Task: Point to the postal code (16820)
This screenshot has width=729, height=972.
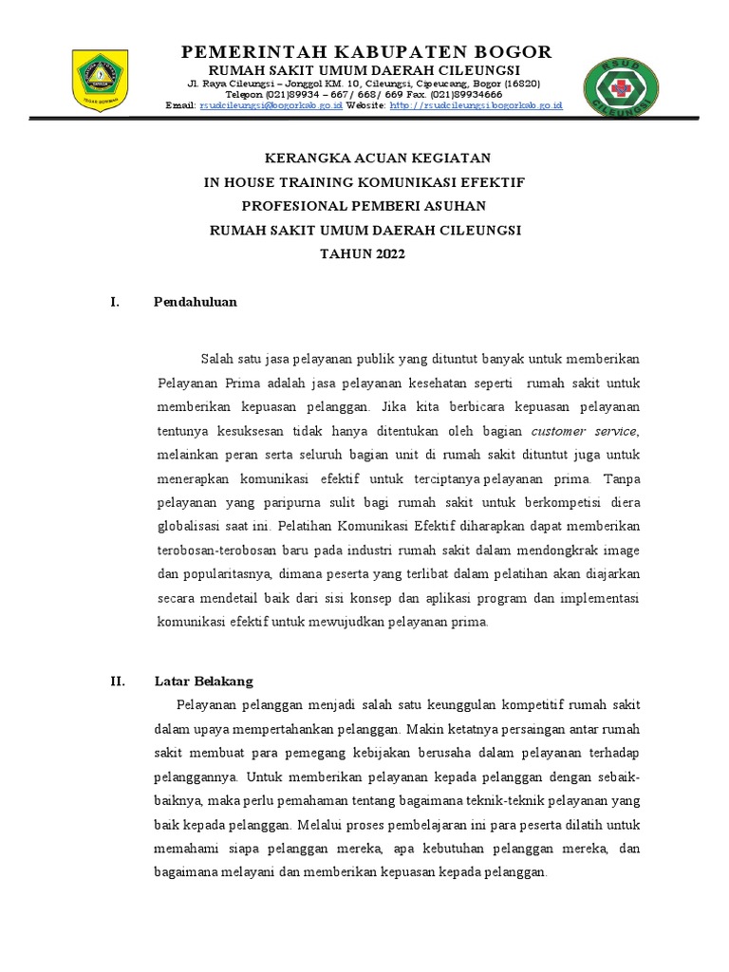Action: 522,84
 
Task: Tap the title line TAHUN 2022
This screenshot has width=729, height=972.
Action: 364,255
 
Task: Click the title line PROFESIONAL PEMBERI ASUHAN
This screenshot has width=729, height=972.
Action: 364,206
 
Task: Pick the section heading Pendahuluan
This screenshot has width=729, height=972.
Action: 195,302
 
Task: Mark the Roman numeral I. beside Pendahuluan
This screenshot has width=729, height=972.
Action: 115,302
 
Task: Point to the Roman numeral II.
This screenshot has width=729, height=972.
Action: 118,682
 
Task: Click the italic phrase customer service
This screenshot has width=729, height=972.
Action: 597,431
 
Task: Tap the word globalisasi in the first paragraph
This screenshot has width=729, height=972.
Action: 189,525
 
